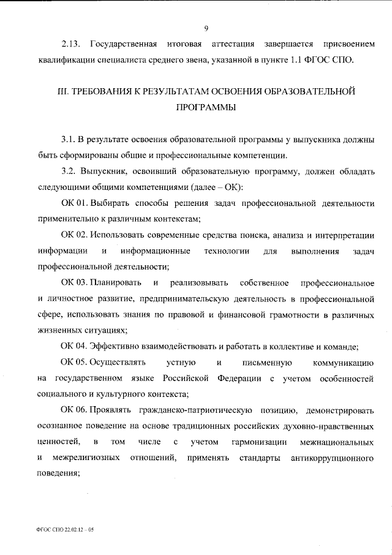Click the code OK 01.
74,203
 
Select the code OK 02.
74,235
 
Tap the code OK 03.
74,283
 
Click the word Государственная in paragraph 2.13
124,45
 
